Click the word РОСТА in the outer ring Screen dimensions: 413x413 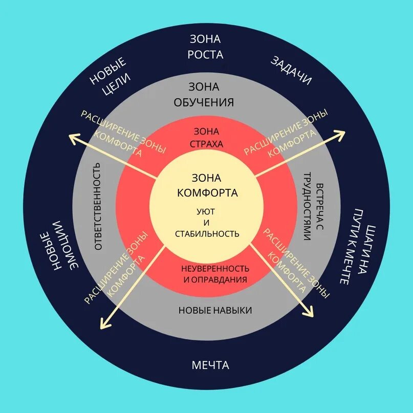coord(206,54)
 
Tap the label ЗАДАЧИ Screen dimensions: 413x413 coord(291,71)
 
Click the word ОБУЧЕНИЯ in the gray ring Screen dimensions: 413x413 coord(204,102)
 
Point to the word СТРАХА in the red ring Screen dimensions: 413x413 coord(206,144)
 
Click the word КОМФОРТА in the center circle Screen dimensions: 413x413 coord(207,193)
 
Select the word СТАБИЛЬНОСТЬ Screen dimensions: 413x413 coord(207,234)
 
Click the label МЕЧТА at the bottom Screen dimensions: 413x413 coord(210,365)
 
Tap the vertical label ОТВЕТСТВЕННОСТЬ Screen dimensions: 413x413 coord(98,207)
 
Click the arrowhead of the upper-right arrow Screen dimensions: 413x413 coord(340,134)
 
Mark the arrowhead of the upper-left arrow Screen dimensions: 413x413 coord(74,137)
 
